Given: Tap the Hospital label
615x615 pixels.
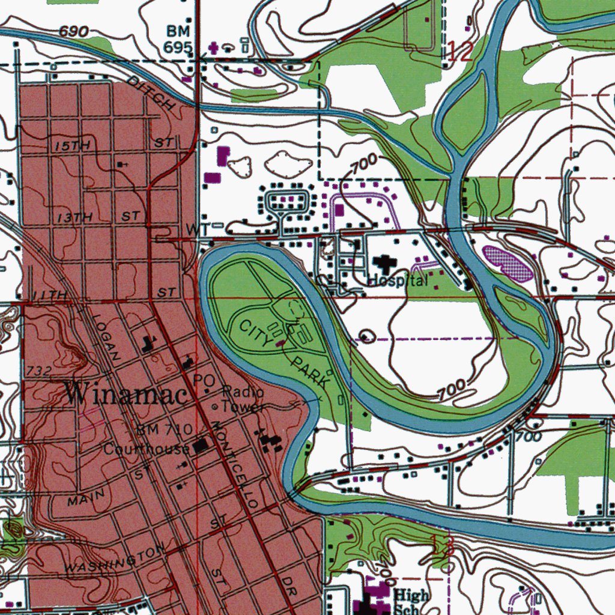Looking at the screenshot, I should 398,280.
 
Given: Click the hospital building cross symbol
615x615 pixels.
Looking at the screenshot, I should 382,262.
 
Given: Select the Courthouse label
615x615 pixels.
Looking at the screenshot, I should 147,449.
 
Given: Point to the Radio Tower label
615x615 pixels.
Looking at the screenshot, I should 243,399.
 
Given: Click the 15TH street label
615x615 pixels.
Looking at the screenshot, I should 71,146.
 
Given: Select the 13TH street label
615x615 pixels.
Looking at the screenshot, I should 75,217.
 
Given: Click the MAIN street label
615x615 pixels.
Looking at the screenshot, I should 86,497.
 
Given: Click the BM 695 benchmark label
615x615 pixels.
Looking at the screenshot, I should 178,39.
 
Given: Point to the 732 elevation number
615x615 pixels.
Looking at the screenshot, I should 39,371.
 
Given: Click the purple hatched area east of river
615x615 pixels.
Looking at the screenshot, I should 508,262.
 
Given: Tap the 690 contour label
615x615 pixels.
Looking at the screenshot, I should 74,31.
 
